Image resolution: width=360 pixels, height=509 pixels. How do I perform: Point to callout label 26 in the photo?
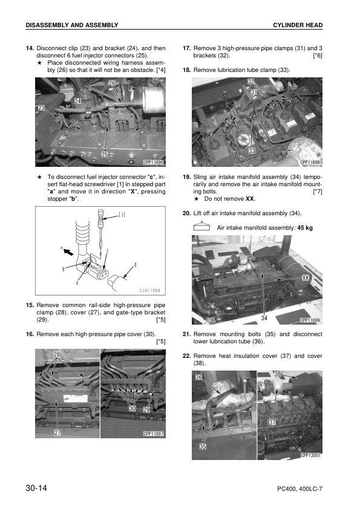coord(112,83)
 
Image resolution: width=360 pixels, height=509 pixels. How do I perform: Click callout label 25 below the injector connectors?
coord(105,155)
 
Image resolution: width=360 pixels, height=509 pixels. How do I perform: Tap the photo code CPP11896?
coord(154,162)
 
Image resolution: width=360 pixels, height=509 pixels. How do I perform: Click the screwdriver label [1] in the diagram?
coord(123,213)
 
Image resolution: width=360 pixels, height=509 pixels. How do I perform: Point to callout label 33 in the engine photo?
coord(250,150)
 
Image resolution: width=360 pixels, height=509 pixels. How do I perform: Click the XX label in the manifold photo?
coord(307,278)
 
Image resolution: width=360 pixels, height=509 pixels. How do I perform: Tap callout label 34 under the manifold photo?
coord(265,317)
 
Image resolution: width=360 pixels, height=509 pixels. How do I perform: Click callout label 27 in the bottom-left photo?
coord(57,432)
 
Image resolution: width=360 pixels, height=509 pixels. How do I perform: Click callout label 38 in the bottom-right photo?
coord(278,374)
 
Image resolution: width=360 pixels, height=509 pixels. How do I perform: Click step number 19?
coord(186,177)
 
